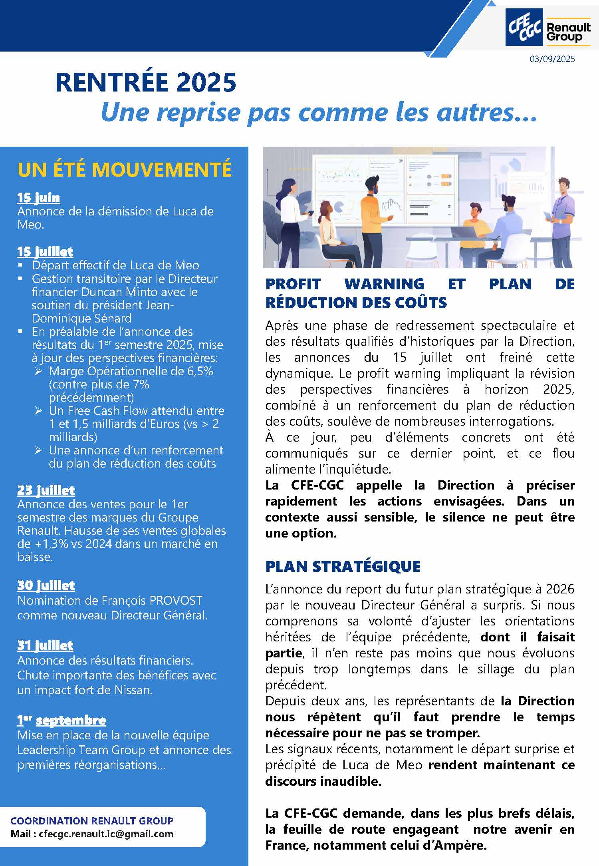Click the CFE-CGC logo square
524,27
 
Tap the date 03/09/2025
552,59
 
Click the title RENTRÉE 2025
146,82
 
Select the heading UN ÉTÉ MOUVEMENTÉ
124,169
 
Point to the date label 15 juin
38,197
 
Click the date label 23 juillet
46,490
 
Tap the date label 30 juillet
46,585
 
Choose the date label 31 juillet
45,645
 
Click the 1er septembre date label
61,720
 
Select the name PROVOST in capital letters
176,601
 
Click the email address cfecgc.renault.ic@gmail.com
106,834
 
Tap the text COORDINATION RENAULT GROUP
92,821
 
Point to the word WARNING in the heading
384,284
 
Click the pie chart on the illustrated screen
339,207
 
